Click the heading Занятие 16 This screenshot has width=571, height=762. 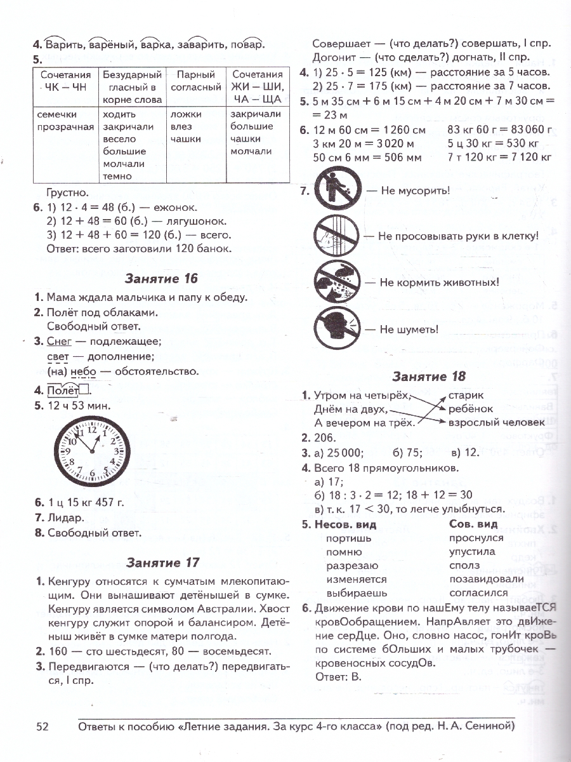tap(161, 278)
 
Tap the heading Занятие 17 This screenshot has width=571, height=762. tap(162, 562)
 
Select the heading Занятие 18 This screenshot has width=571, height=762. tap(429, 376)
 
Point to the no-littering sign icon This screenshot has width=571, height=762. tap(337, 190)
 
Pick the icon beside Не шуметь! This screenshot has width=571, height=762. tap(337, 328)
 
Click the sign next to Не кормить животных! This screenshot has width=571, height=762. tap(337, 281)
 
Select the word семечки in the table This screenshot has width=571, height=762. tap(56, 114)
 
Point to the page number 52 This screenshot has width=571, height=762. tap(43, 726)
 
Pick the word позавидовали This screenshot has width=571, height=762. tap(486, 578)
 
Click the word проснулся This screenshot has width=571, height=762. tap(476, 538)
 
